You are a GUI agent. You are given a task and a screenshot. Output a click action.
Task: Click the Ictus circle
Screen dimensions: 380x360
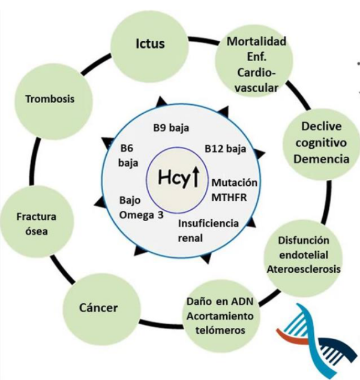click(x=150, y=44)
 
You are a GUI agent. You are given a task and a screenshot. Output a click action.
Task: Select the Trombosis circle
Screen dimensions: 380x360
click(x=50, y=99)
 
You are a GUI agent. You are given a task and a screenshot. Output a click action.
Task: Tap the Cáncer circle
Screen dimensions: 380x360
click(x=98, y=308)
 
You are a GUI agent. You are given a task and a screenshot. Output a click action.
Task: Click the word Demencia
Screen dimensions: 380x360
click(x=325, y=159)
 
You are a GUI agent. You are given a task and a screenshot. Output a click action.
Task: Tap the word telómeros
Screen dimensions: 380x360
click(x=220, y=330)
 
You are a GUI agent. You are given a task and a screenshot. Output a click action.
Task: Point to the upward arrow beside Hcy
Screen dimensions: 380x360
click(x=195, y=178)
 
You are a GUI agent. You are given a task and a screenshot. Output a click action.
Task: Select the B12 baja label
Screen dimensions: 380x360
click(x=225, y=148)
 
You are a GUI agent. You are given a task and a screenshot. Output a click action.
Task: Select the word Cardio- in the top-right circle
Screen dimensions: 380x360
click(x=256, y=73)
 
